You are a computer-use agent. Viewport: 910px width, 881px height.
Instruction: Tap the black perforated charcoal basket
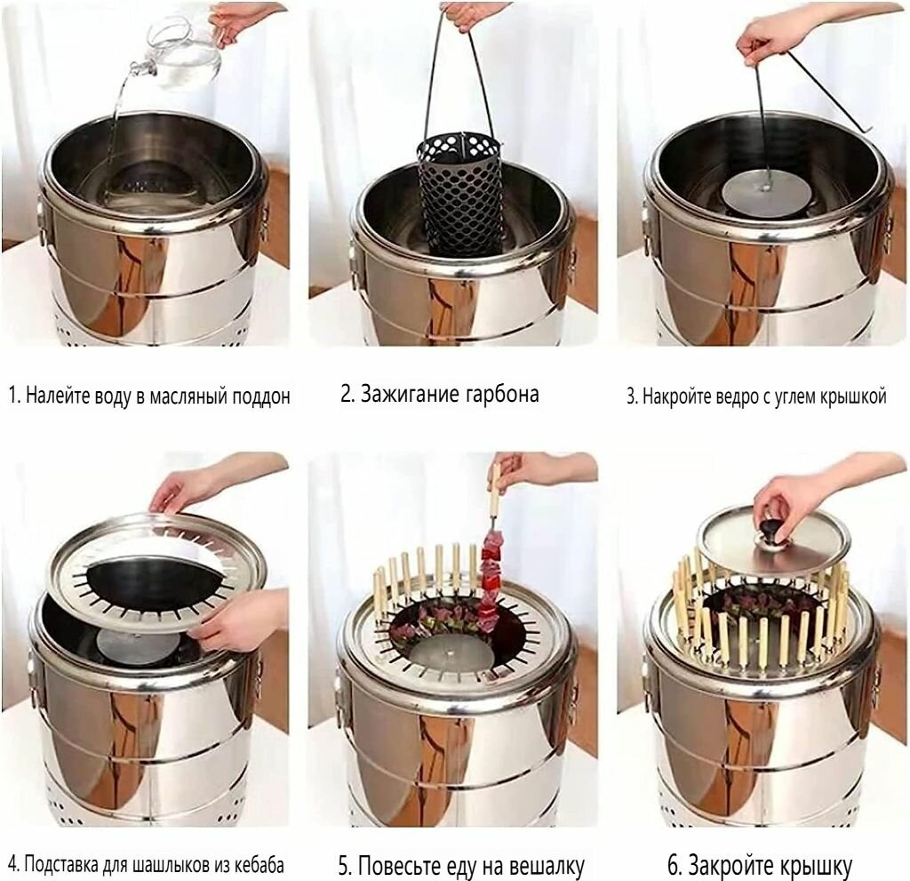461,200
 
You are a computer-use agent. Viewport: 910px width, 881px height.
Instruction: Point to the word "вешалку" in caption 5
547,867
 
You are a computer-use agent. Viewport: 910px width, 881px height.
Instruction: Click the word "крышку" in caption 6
814,866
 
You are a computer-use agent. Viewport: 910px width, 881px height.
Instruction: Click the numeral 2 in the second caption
347,394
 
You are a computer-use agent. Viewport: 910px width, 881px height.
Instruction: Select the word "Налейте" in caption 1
54,396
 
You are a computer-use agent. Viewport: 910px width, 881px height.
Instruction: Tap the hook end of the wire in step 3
865,130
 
